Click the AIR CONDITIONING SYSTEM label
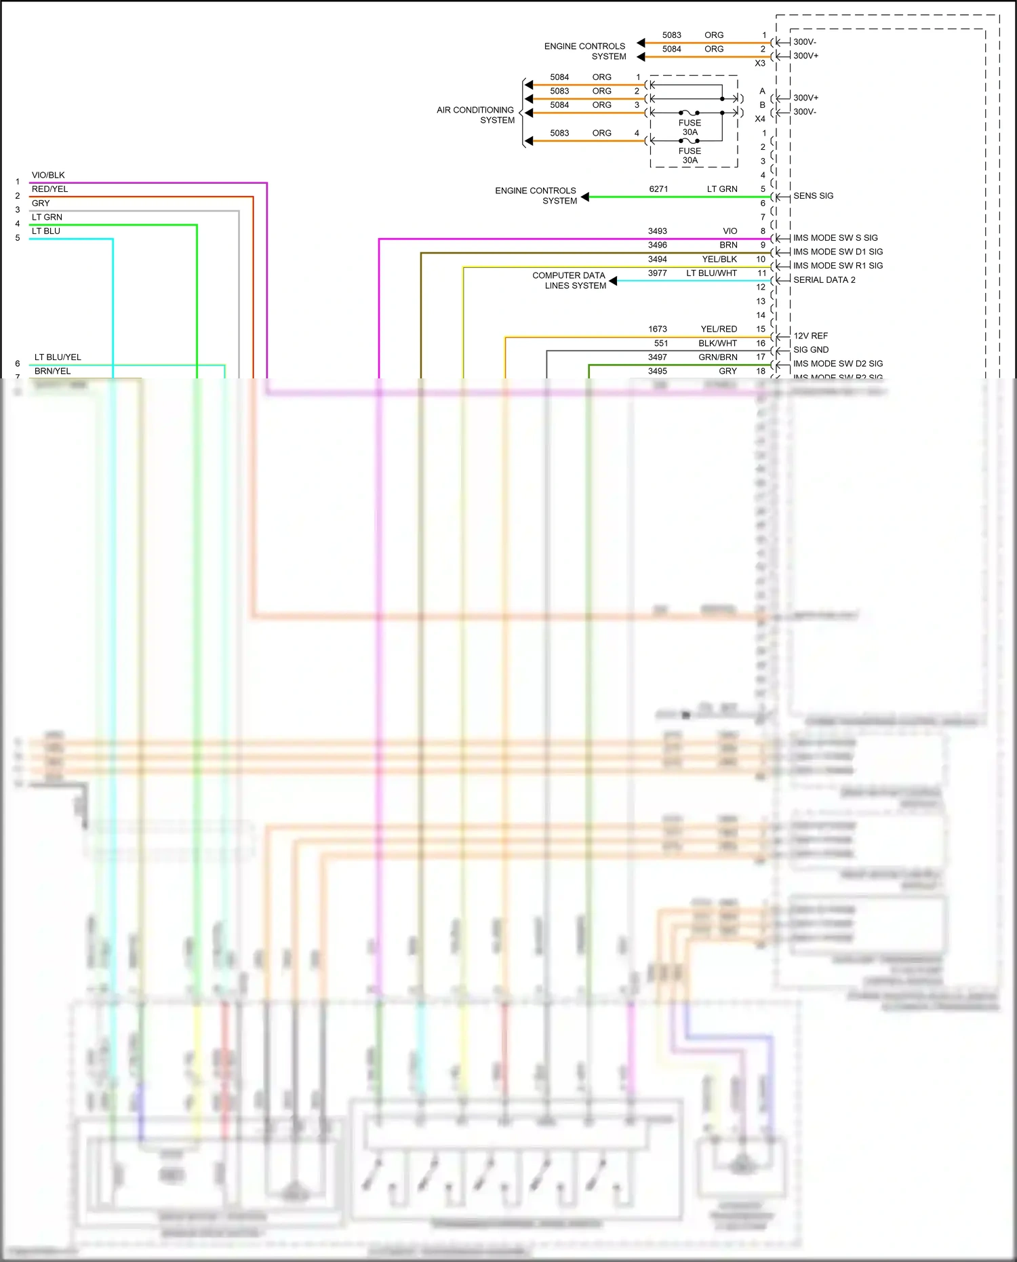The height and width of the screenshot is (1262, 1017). tap(475, 115)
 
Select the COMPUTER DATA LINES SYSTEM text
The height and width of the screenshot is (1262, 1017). tap(569, 280)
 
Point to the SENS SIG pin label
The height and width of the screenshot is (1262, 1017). tap(813, 196)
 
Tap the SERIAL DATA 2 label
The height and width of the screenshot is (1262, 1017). tap(824, 279)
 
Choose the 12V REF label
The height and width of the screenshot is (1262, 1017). tap(810, 336)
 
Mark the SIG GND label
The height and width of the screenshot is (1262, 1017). tap(811, 350)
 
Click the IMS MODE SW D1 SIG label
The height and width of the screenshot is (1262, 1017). tap(837, 252)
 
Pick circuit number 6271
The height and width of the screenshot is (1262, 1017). tap(658, 189)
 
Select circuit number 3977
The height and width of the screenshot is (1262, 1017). tap(657, 273)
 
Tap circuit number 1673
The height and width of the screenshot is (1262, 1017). tap(657, 329)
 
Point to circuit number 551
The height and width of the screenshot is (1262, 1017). tap(661, 343)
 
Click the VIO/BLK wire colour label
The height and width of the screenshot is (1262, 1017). tap(48, 175)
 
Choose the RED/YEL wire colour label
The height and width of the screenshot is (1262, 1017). tap(49, 189)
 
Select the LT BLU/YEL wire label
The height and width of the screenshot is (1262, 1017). tap(58, 357)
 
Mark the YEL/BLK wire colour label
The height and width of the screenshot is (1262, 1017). tap(719, 259)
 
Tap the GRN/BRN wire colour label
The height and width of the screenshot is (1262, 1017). tap(718, 357)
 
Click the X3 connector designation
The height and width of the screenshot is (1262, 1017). tap(760, 63)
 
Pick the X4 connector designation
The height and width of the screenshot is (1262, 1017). tap(760, 119)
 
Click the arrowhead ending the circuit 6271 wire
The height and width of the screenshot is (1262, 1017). tap(585, 197)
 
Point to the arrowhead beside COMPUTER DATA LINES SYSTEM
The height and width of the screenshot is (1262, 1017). tap(613, 281)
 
